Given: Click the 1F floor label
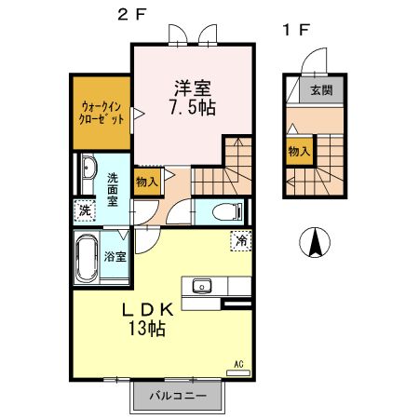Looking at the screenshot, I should (295, 29).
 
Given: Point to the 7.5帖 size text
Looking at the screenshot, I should (193, 108).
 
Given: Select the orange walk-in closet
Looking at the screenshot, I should (101, 113).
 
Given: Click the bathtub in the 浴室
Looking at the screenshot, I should (87, 258).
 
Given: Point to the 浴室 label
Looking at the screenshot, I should (115, 256).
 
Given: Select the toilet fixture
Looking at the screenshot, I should (224, 210).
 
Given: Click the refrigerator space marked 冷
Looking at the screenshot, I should (242, 238).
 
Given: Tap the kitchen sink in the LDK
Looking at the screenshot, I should (201, 286).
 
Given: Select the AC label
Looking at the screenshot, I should (239, 363).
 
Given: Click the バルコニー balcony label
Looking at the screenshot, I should (176, 395).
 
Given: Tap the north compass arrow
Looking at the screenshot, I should (316, 244).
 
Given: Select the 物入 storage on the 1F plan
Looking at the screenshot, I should (300, 150).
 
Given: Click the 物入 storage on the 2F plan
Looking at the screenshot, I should (146, 182).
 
